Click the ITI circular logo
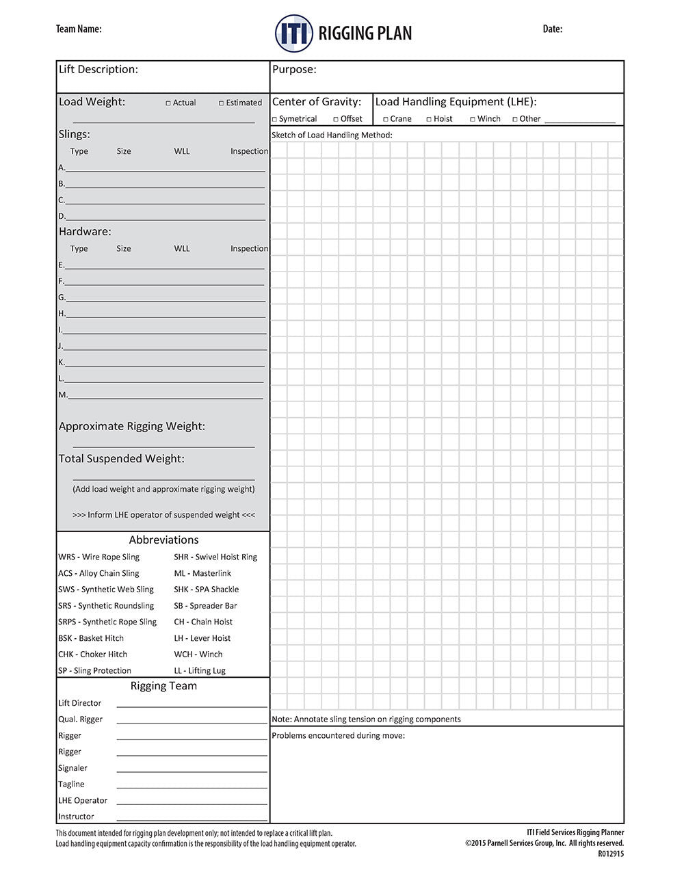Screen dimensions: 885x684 pyautogui.click(x=294, y=34)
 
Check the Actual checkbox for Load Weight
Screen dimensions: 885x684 pyautogui.click(x=168, y=103)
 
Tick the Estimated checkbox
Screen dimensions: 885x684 pyautogui.click(x=222, y=103)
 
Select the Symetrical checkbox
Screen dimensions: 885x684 pyautogui.click(x=275, y=120)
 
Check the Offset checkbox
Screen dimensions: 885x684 pyautogui.click(x=336, y=120)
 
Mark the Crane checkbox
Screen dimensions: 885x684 pyautogui.click(x=386, y=120)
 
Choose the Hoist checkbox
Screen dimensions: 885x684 pyautogui.click(x=429, y=120)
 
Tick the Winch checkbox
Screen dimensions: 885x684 pyautogui.click(x=473, y=120)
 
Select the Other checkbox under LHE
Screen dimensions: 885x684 pyautogui.click(x=515, y=120)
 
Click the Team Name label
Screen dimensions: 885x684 pyautogui.click(x=79, y=29)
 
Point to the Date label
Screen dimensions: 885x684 pyautogui.click(x=553, y=29)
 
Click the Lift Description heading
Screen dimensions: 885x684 pyautogui.click(x=98, y=69)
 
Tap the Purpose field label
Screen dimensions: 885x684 pyautogui.click(x=294, y=69)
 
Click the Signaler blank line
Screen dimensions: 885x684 pyautogui.click(x=192, y=771)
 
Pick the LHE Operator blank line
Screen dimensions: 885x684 pyautogui.click(x=192, y=804)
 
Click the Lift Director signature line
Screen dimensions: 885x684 pyautogui.click(x=192, y=706)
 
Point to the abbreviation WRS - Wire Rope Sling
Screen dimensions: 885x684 pyautogui.click(x=99, y=557)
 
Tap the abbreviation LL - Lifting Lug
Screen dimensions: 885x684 pyautogui.click(x=200, y=670)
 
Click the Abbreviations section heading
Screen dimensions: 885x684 pyautogui.click(x=163, y=540)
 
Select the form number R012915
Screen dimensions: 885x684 pyautogui.click(x=611, y=854)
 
